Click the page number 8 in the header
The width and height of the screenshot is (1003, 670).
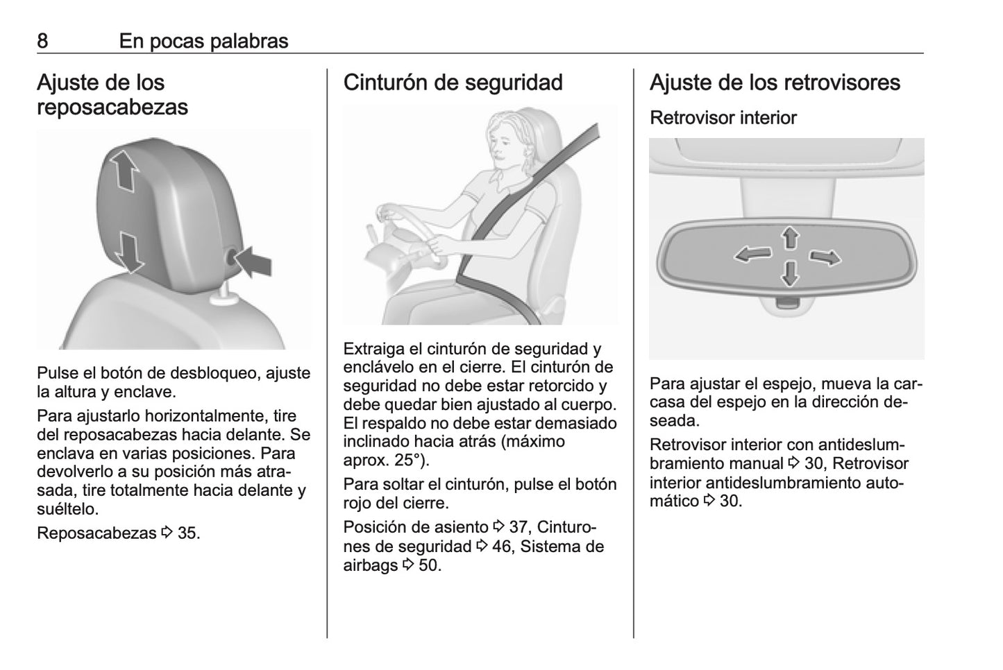point(42,41)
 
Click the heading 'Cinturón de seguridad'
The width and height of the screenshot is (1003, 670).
point(453,83)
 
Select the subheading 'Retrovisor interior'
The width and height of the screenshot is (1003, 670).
point(723,118)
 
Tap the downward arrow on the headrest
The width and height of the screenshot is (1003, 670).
point(130,252)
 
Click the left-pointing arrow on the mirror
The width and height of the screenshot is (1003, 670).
point(753,255)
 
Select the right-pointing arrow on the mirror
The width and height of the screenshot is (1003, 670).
point(825,257)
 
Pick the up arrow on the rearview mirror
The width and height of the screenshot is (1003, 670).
point(791,237)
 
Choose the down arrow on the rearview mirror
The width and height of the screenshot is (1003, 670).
point(791,274)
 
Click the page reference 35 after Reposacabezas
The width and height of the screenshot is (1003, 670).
point(189,533)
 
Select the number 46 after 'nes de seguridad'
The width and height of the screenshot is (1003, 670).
point(501,547)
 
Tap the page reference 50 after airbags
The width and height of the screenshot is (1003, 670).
point(430,565)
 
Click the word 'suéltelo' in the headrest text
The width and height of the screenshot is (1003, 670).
point(67,509)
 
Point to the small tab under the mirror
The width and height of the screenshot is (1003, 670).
point(788,302)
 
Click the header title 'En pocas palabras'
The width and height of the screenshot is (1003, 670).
point(204,41)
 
